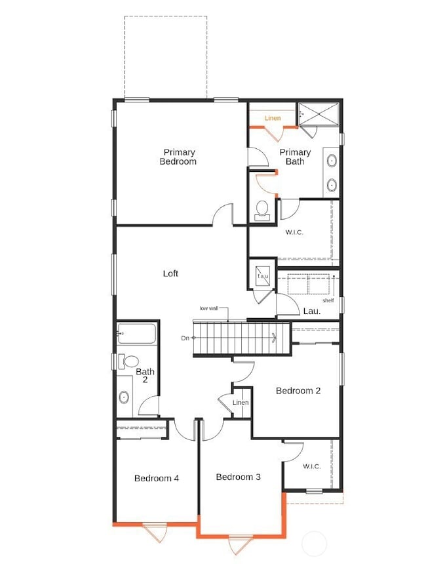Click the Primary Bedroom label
click(178, 157)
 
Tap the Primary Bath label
click(295, 157)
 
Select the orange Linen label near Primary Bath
click(273, 118)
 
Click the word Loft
click(170, 273)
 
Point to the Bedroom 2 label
click(298, 391)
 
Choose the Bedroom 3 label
click(239, 477)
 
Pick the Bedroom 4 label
click(157, 478)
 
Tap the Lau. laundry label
click(311, 312)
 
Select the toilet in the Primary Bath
click(262, 209)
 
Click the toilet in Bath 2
click(129, 361)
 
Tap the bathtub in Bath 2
click(136, 334)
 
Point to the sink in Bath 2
click(124, 397)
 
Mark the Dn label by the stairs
click(185, 338)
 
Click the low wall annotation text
click(210, 308)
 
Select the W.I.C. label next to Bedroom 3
click(311, 466)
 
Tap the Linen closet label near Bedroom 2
click(241, 402)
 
